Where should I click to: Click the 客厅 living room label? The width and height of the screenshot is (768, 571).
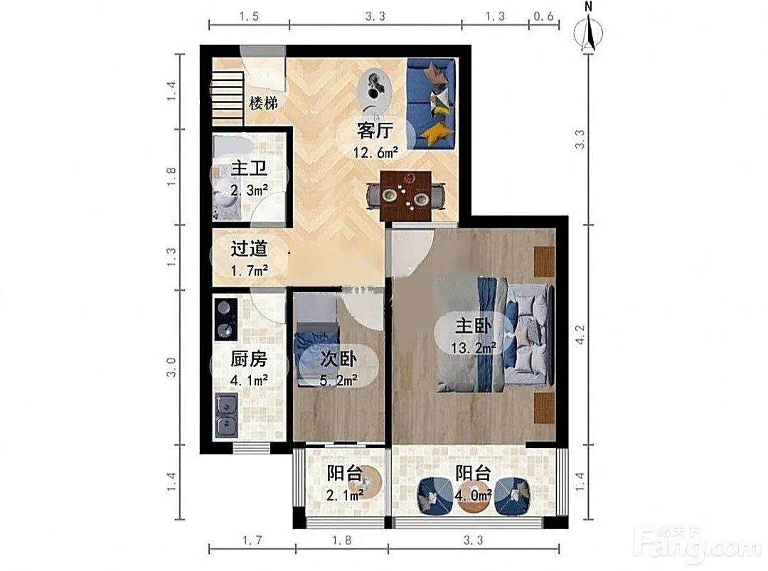375,131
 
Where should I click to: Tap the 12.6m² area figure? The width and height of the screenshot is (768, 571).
375,152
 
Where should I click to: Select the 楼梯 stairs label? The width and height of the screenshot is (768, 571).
264,103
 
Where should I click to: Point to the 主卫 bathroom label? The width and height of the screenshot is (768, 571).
249,169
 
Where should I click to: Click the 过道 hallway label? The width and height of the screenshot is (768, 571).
249,248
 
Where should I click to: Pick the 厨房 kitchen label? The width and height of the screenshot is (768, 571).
249,359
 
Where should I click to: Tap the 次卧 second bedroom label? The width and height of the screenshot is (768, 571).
338,359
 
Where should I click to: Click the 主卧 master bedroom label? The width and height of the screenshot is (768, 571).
473,326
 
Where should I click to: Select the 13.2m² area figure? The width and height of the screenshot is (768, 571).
474,348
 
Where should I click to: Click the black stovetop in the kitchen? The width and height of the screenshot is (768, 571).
226,319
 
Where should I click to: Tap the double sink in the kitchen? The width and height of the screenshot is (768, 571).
226,416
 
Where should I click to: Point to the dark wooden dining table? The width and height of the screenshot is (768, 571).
406,196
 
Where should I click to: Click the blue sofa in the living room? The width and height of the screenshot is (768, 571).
431,104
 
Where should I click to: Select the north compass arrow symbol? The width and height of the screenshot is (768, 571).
590,32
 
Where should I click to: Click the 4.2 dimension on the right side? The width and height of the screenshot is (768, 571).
580,335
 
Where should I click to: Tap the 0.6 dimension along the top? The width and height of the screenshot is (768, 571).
543,16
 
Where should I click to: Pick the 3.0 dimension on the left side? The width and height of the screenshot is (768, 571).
171,368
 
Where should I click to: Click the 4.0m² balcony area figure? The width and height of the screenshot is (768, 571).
473,496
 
